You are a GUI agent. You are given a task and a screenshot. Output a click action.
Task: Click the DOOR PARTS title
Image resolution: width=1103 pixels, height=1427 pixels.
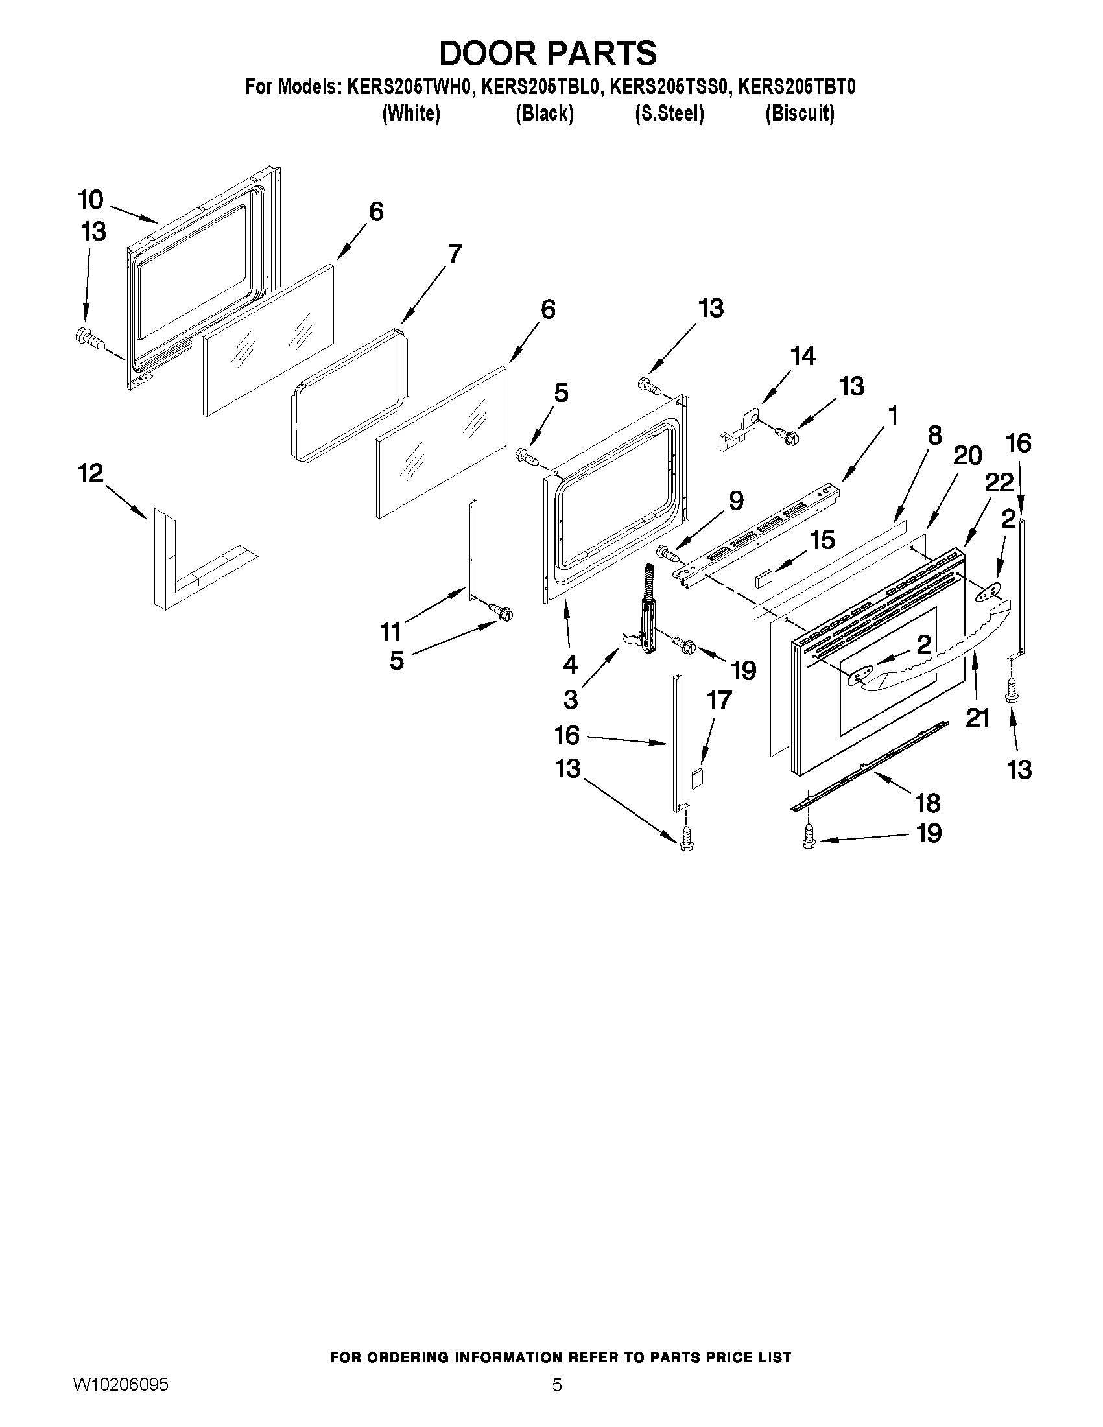(x=547, y=54)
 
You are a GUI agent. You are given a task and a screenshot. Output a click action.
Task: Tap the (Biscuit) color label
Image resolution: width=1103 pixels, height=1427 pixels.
(x=800, y=113)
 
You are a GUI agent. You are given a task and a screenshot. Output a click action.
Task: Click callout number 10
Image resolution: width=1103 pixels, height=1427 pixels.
(x=91, y=199)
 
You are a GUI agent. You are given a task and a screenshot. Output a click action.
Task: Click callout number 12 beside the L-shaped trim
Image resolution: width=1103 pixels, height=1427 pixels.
(x=91, y=474)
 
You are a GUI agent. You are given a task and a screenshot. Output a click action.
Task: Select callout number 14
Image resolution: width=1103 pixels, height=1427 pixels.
(x=802, y=357)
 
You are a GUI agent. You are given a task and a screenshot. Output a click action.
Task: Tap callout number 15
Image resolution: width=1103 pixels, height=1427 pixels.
(x=822, y=539)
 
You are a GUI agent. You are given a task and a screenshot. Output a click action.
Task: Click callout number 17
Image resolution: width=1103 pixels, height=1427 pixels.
(x=718, y=700)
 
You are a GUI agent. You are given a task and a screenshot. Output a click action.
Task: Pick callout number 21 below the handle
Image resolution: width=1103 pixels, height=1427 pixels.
(x=978, y=718)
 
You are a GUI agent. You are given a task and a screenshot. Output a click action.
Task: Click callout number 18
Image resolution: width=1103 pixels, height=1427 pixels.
(x=928, y=803)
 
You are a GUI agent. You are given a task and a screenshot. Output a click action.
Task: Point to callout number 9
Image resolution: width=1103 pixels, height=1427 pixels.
(x=736, y=502)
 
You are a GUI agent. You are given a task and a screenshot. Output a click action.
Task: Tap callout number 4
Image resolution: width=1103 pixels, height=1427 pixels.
(x=571, y=665)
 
